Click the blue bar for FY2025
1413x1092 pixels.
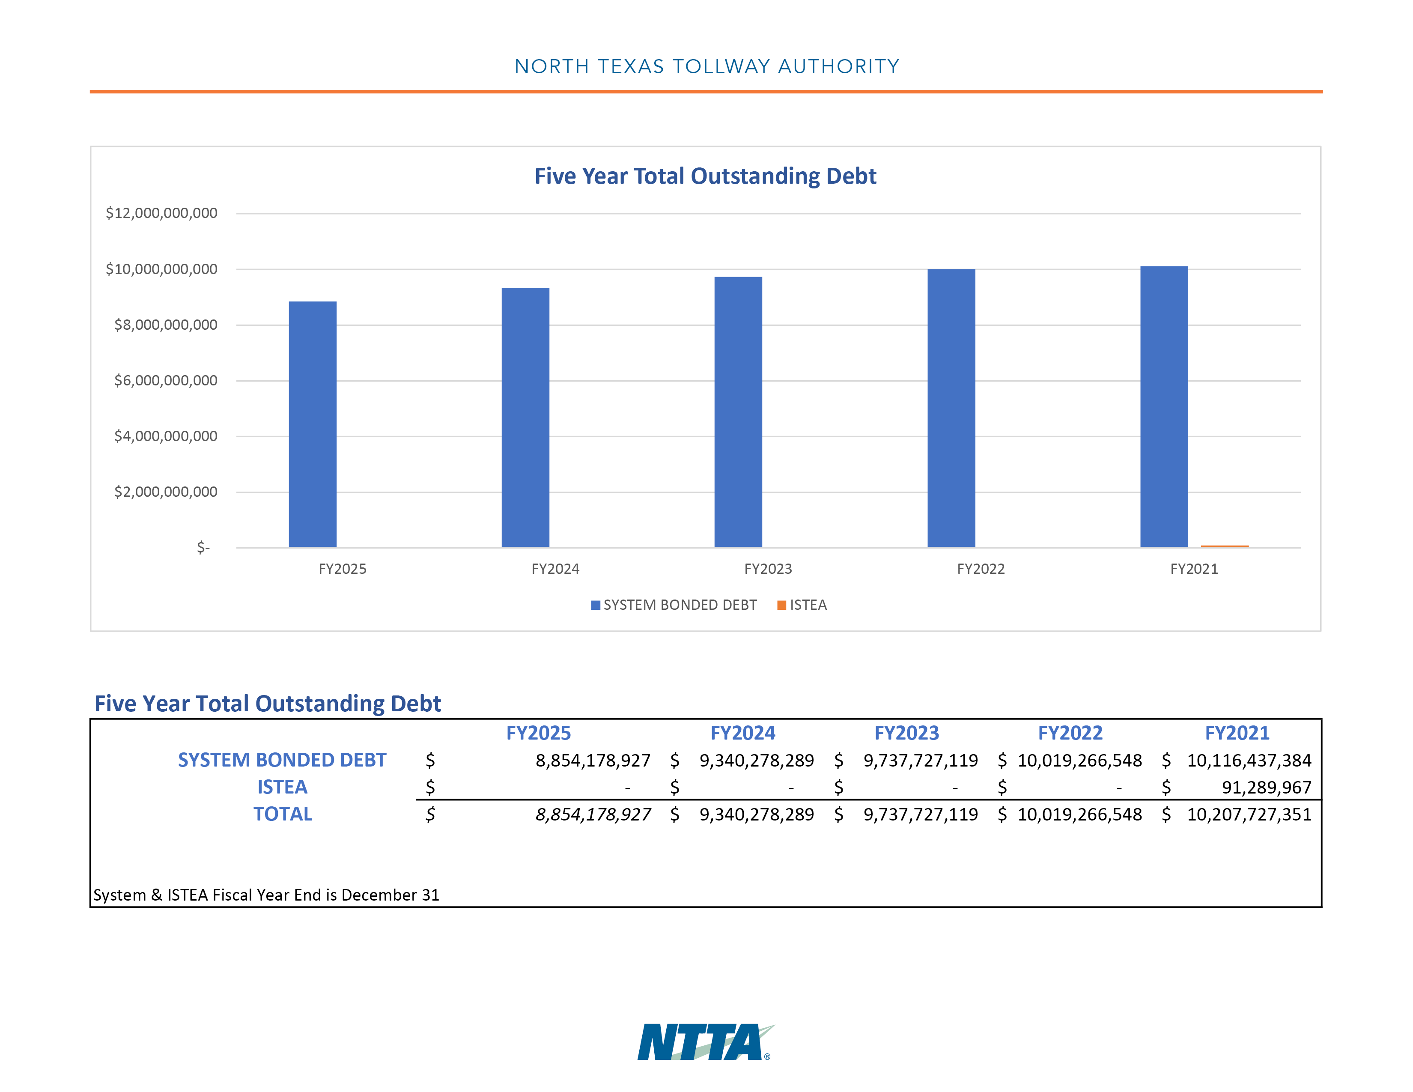tap(313, 424)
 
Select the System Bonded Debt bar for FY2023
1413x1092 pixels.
tap(738, 412)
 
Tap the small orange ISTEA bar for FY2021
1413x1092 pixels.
tap(1225, 546)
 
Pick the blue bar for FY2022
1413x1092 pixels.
tap(951, 408)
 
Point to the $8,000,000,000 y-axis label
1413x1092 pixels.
tap(166, 325)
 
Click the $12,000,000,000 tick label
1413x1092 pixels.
tap(162, 213)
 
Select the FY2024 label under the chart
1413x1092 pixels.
tap(555, 569)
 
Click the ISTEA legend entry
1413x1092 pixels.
tap(802, 605)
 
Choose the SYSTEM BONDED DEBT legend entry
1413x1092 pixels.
tap(674, 605)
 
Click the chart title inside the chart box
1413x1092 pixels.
tap(705, 176)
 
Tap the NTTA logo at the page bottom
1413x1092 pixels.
tap(706, 1041)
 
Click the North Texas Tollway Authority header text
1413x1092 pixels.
tap(706, 67)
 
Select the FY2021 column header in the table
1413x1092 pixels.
tap(1237, 733)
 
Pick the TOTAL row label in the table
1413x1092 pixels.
tap(283, 814)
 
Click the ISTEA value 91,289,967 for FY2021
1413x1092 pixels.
tap(1266, 787)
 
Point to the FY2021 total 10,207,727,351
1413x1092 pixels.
tap(1249, 815)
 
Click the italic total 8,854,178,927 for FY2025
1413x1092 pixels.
tap(593, 815)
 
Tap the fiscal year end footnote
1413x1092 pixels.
tap(266, 895)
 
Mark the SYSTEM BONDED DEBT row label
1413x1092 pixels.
tap(282, 760)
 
